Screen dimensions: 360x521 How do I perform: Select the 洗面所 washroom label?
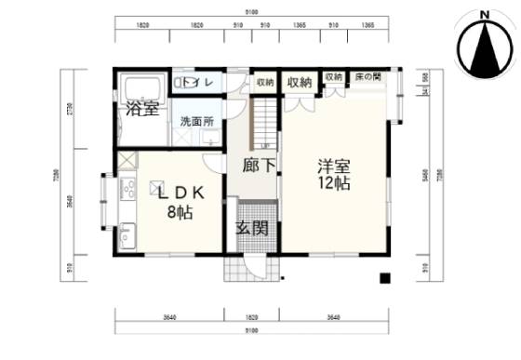(196, 121)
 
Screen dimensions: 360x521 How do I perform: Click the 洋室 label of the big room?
(332, 167)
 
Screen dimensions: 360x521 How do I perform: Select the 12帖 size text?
(332, 184)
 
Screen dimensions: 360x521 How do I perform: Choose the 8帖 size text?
(179, 212)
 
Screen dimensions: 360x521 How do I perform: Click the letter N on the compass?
(484, 14)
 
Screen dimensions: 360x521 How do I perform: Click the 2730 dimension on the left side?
(70, 113)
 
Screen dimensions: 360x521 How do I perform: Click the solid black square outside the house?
(381, 278)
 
